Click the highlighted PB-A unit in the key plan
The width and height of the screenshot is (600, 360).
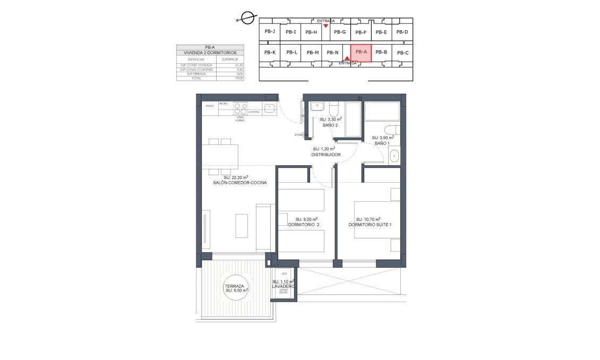click(361, 53)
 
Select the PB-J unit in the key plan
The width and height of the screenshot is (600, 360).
click(270, 31)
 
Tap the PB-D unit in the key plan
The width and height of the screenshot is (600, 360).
click(402, 32)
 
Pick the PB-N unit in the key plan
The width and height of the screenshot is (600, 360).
click(332, 53)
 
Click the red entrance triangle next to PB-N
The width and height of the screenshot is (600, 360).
click(346, 59)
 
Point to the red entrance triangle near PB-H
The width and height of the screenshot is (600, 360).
click(326, 25)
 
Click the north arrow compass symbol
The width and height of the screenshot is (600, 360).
click(246, 18)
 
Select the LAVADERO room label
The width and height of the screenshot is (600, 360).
click(282, 286)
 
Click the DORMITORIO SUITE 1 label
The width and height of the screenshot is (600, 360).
click(370, 225)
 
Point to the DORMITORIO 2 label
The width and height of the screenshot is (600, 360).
click(303, 225)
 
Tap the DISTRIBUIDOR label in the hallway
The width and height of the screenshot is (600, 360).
click(326, 155)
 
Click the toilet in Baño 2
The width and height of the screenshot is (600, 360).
click(334, 109)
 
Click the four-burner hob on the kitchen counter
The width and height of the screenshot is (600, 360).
click(240, 108)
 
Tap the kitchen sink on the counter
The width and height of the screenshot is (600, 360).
click(269, 109)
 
